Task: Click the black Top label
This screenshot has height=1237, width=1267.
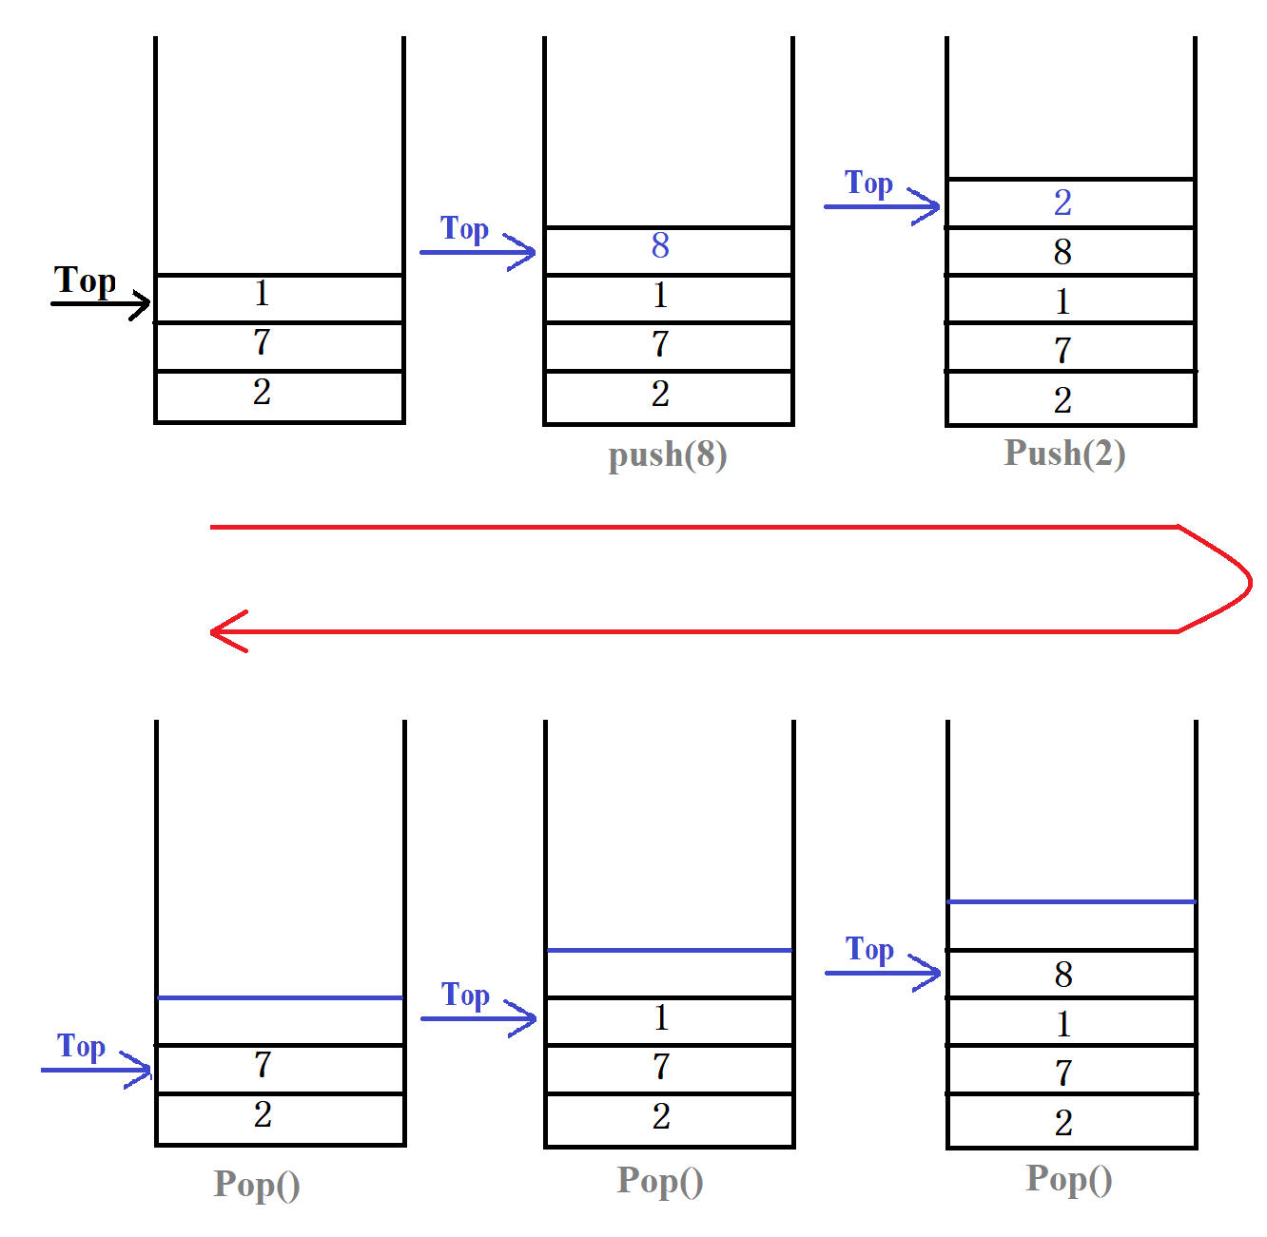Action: click(x=85, y=281)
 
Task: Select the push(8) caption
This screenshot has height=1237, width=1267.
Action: click(x=668, y=455)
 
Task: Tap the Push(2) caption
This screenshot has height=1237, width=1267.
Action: click(x=1064, y=454)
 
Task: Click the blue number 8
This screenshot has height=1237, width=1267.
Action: click(x=660, y=245)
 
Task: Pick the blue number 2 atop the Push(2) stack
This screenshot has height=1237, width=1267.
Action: click(x=1062, y=203)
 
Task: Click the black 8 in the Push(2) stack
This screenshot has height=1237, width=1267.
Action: click(x=1062, y=252)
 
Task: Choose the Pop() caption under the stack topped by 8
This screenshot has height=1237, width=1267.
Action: click(x=1068, y=1179)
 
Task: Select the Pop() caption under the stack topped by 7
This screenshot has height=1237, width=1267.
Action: click(x=257, y=1185)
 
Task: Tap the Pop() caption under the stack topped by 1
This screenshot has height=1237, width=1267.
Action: click(x=660, y=1181)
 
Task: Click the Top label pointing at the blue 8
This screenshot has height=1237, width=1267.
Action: click(x=464, y=229)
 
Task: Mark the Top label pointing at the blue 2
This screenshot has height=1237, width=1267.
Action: click(x=868, y=183)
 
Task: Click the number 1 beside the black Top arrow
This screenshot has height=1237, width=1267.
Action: click(x=263, y=294)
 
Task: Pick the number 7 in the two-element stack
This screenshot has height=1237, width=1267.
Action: click(x=263, y=1065)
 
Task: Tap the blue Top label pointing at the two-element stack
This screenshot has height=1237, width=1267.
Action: click(x=81, y=1047)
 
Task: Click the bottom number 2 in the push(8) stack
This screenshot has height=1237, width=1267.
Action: click(x=660, y=394)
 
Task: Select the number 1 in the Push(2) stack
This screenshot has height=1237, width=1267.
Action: click(x=1062, y=302)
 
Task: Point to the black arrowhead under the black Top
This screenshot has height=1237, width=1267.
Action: click(x=143, y=305)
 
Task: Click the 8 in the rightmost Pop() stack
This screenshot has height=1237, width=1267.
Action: click(x=1063, y=975)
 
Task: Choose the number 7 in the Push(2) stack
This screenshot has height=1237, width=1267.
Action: click(x=1062, y=351)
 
